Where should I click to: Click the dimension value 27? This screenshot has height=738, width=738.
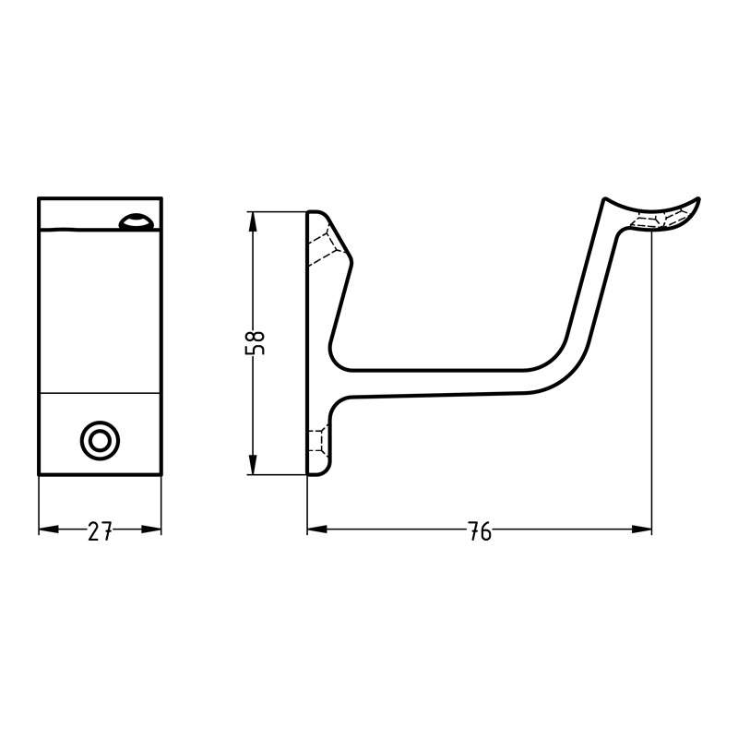(x=100, y=531)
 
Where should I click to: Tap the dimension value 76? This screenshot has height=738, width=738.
(x=480, y=531)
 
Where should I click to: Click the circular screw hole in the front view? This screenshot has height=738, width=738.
(x=100, y=442)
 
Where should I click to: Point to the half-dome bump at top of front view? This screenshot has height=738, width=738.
(x=135, y=221)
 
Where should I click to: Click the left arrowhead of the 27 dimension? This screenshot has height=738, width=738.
(x=49, y=530)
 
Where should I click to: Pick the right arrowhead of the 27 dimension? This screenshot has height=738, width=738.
(x=151, y=530)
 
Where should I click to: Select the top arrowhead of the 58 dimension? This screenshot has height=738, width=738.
(x=253, y=221)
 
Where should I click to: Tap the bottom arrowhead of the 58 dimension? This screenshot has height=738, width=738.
(x=253, y=465)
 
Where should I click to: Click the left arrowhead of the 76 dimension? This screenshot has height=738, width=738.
(x=317, y=530)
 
